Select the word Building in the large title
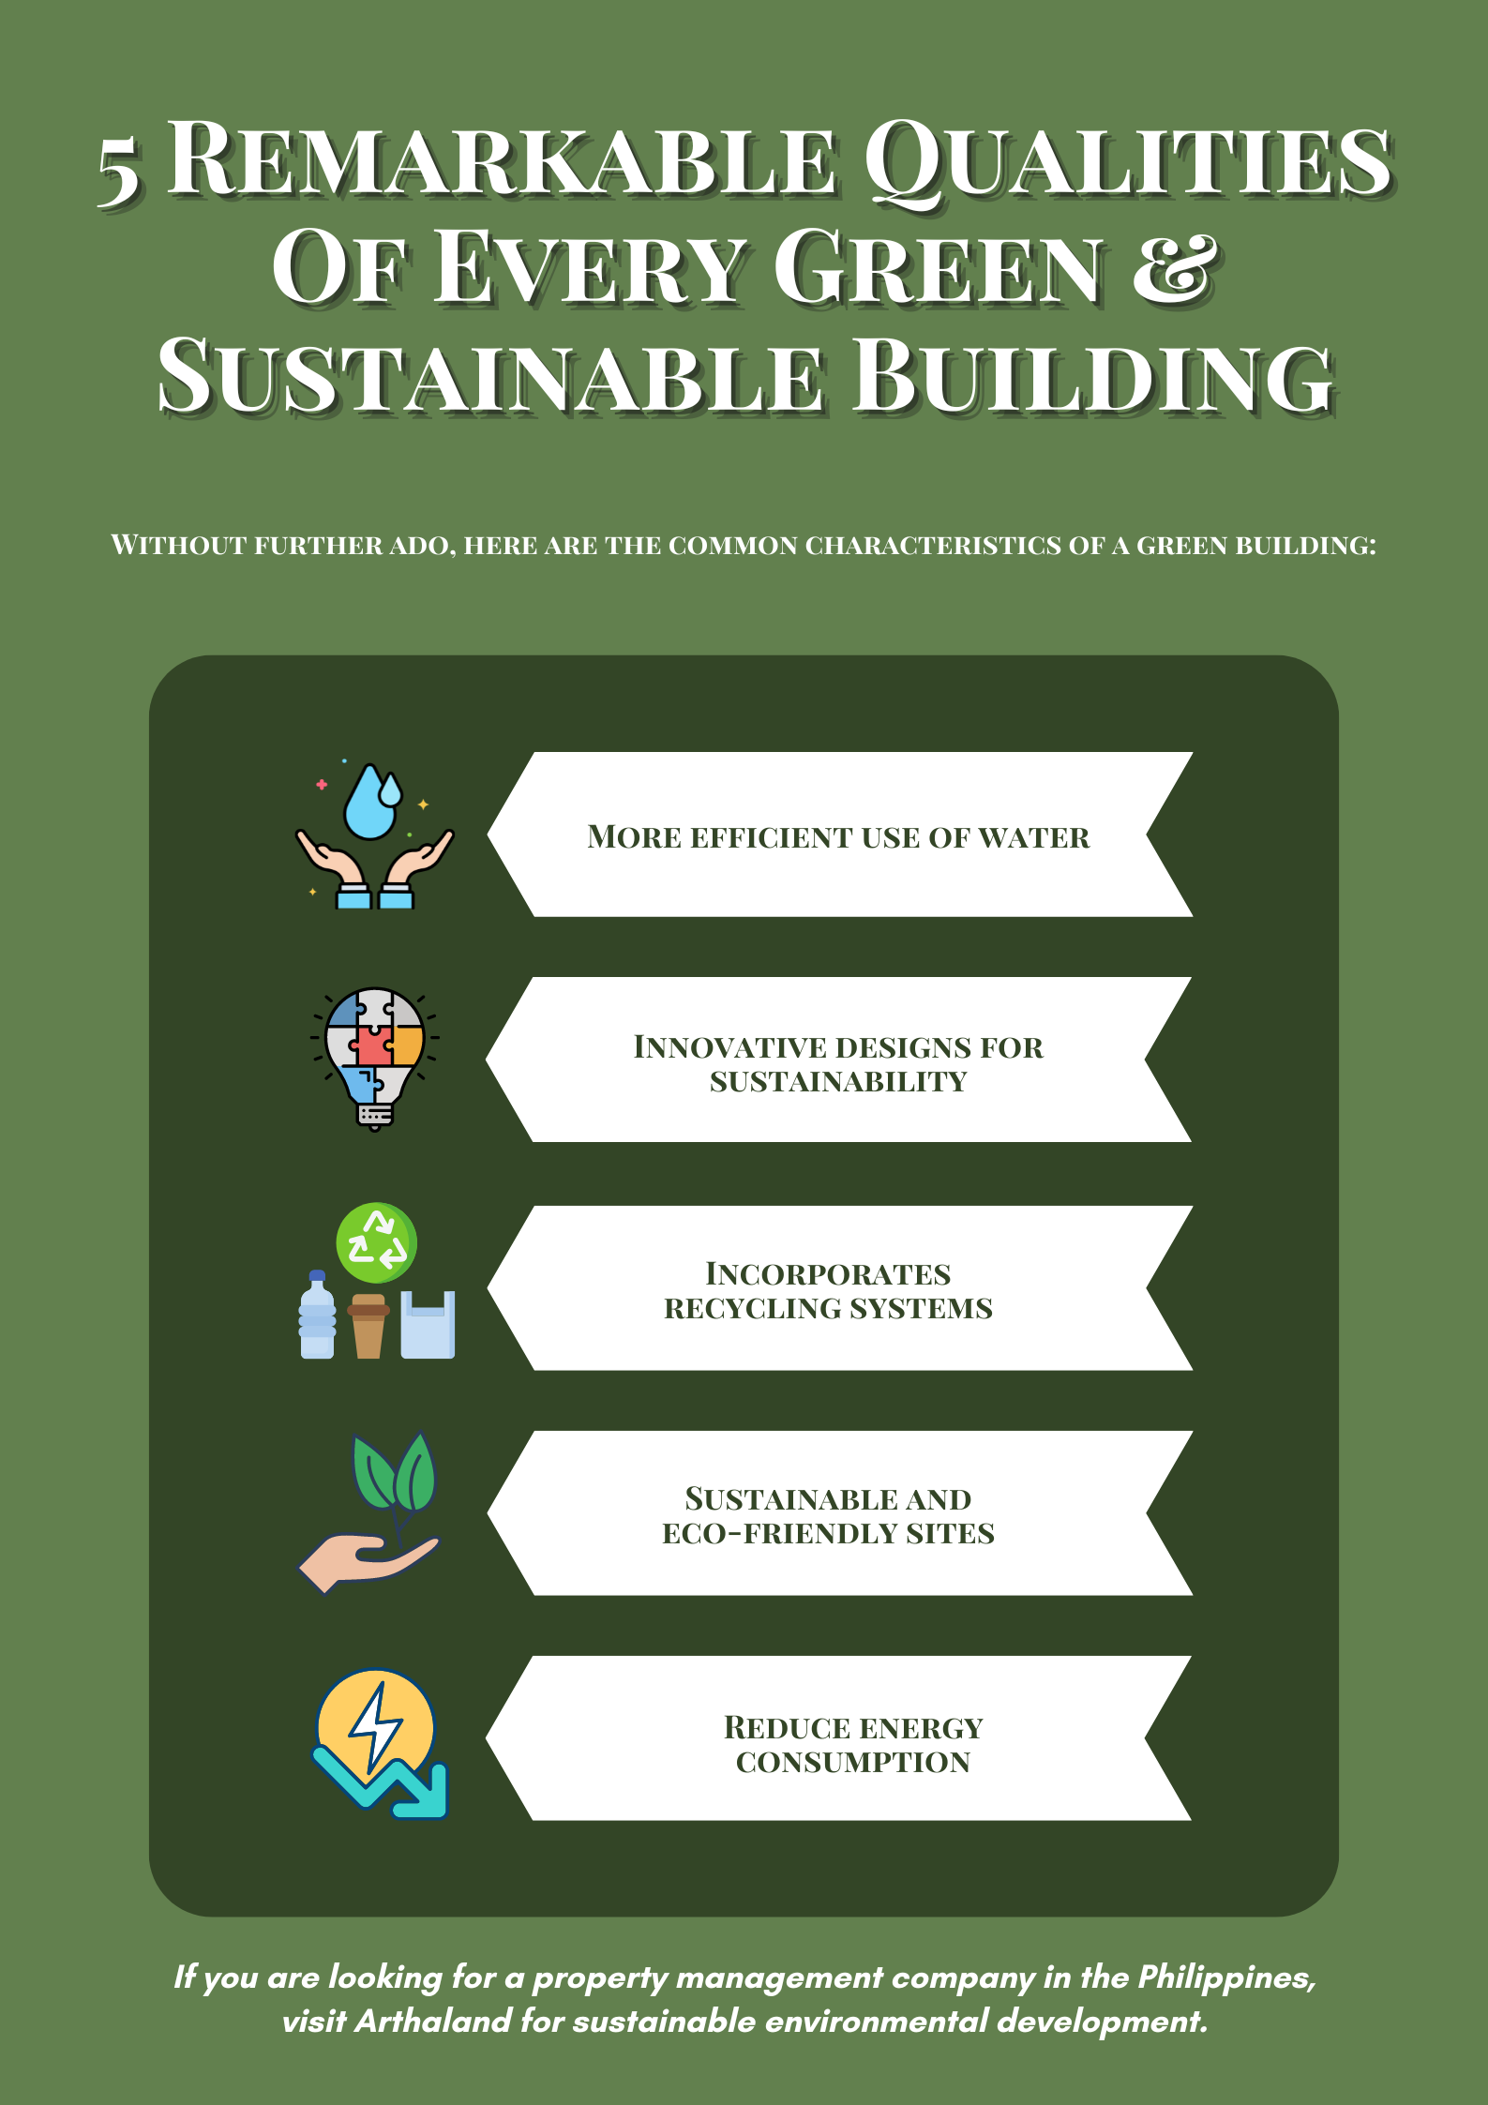[x=1094, y=375]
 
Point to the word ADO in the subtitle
[x=422, y=545]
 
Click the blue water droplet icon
[x=372, y=802]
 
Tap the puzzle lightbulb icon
[x=375, y=1059]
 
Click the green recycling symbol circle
[x=377, y=1242]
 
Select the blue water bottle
[x=317, y=1315]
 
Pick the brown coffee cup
[x=368, y=1326]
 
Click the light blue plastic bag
[x=428, y=1325]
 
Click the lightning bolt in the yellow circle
[x=376, y=1726]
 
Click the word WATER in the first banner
[x=1033, y=837]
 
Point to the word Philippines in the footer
[x=1226, y=1978]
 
